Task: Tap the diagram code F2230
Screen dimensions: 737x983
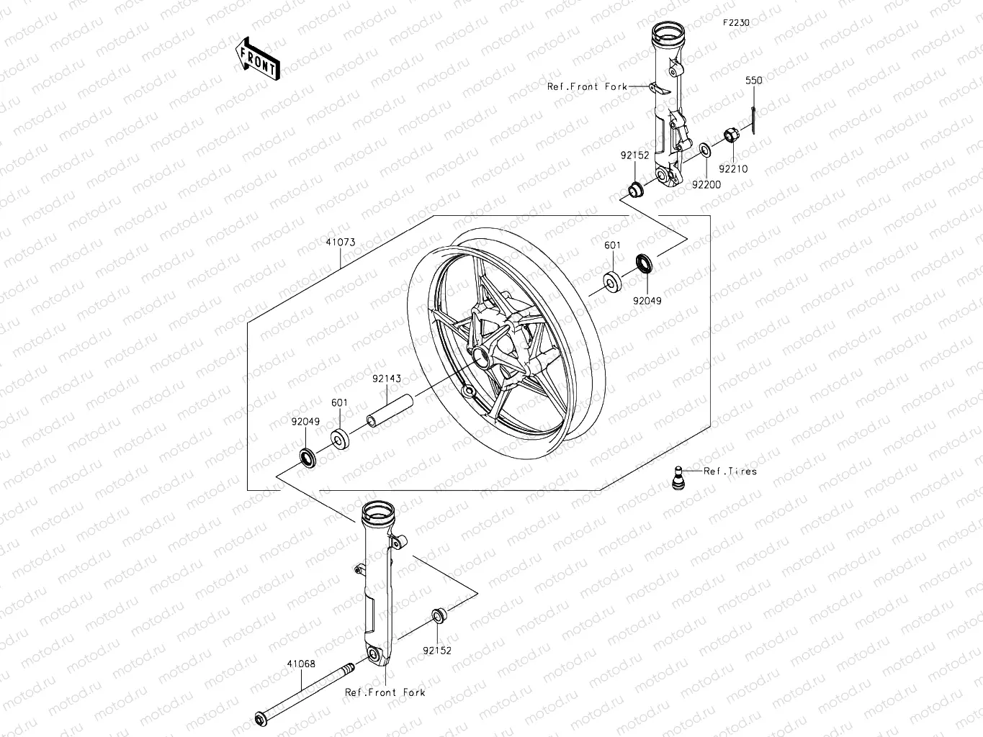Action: click(x=736, y=23)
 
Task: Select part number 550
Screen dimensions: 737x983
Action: click(x=753, y=81)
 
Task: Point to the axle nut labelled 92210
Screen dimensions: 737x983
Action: click(x=729, y=135)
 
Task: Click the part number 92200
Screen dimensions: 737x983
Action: click(x=706, y=184)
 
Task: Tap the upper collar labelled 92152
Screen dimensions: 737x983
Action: click(x=635, y=189)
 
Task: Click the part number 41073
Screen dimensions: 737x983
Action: click(x=340, y=243)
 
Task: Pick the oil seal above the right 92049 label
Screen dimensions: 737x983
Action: click(x=645, y=264)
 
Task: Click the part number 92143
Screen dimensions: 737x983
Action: click(x=386, y=379)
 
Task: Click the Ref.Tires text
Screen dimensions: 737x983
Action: click(x=730, y=471)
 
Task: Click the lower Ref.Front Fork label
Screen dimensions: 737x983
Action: click(x=385, y=692)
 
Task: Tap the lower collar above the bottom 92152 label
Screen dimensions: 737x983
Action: click(x=439, y=616)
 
